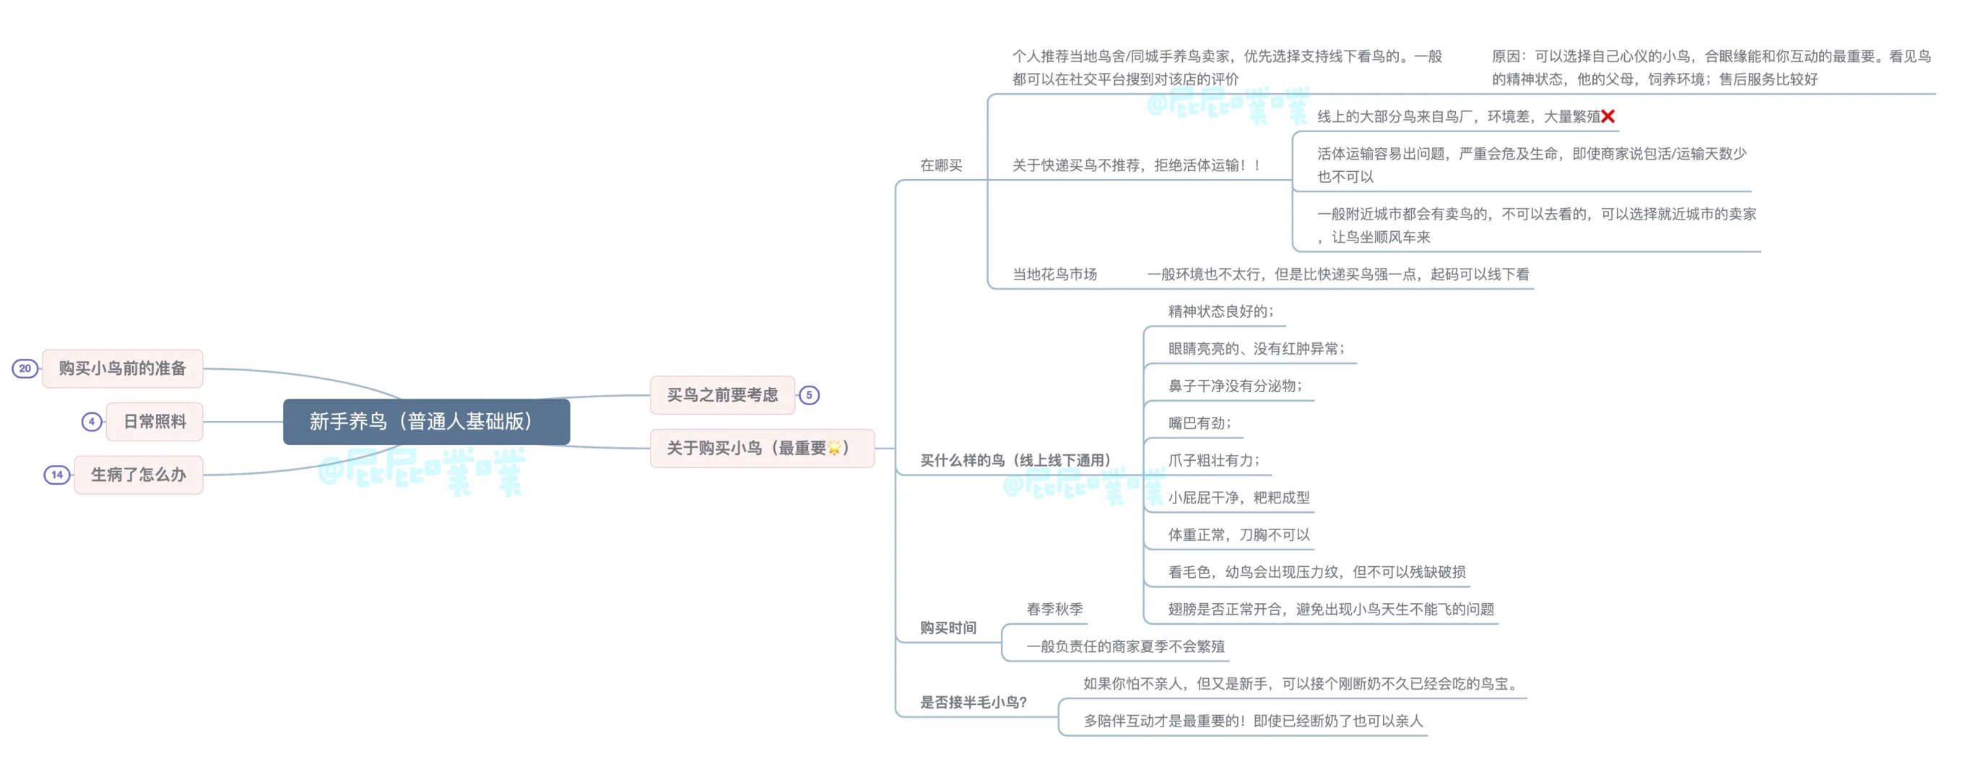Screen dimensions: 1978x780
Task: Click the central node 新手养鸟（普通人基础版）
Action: pos(426,422)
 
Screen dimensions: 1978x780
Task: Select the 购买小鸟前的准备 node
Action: pos(123,368)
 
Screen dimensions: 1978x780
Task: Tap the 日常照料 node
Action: pos(155,422)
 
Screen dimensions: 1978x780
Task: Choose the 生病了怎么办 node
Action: pos(138,474)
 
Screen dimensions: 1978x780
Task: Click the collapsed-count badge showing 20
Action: pos(25,368)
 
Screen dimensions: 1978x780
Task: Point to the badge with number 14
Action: pos(57,474)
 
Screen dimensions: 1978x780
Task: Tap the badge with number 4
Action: pos(92,422)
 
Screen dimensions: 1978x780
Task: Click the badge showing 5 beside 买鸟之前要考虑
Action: pos(809,395)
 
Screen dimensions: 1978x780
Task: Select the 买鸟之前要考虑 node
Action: pos(721,395)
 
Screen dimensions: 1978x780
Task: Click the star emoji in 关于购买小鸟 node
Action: pos(834,448)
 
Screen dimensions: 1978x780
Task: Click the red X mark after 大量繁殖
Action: pos(1608,116)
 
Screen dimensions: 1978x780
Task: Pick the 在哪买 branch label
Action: pos(941,165)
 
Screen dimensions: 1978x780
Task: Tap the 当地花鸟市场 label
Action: pos(1054,274)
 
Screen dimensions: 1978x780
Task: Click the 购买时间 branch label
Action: pos(948,628)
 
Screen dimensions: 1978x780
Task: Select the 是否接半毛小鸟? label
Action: pos(973,703)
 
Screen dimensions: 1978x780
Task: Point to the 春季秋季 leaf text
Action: pos(1054,610)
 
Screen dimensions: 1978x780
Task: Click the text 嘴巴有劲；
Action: pos(1200,423)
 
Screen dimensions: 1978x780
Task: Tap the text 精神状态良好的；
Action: pos(1221,311)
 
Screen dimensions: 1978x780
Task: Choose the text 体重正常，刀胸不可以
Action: pos(1239,535)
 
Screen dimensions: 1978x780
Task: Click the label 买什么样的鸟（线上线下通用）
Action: pos(1015,461)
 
